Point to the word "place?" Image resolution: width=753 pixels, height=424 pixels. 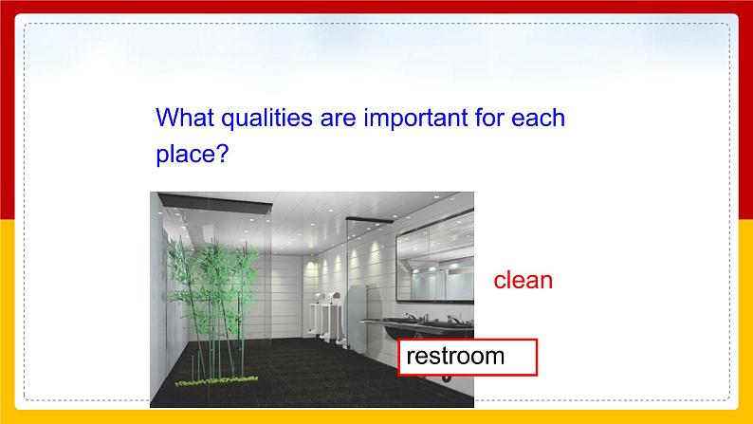(193, 155)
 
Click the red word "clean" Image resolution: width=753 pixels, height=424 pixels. (523, 281)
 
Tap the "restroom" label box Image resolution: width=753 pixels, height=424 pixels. (468, 357)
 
